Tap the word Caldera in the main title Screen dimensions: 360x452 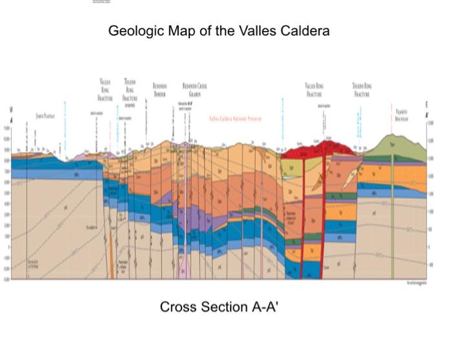click(305, 31)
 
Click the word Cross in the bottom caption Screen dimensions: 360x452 click(177, 307)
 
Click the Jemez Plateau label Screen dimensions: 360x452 click(45, 115)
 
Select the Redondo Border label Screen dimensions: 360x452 click(159, 89)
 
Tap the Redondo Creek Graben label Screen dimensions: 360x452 click(194, 89)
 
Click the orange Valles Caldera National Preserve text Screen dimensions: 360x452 click(235, 118)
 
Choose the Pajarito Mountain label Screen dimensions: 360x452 click(401, 115)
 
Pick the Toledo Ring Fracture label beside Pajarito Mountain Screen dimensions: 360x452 click(362, 90)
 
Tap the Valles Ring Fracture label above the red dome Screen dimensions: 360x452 click(314, 90)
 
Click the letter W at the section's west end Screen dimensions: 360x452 click(10, 110)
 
